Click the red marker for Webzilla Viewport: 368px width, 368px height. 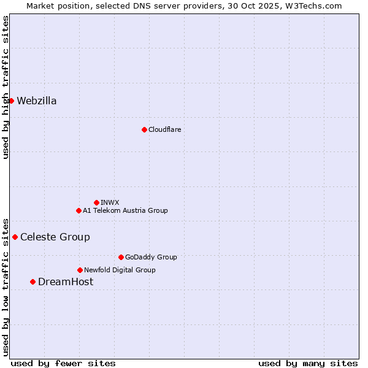11,101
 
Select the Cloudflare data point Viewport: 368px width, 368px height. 144,129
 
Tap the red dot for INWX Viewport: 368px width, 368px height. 96,202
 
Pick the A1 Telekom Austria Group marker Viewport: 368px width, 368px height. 79,210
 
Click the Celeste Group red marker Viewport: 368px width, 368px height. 15,237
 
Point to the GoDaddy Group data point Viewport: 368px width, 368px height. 121,257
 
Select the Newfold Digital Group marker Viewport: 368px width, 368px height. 80,270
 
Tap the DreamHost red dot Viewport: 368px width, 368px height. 33,282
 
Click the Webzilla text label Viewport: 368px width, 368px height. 37,101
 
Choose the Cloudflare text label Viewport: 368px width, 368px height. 164,129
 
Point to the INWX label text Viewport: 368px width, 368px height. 110,202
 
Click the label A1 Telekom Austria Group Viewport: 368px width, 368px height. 125,210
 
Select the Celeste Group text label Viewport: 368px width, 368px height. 55,237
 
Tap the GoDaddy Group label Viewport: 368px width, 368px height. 151,257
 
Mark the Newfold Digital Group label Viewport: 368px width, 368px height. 120,270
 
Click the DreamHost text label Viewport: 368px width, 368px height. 66,282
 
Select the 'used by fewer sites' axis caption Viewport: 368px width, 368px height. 63,363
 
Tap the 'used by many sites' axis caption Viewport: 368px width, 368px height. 308,363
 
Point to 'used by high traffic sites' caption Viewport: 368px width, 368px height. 6,87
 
